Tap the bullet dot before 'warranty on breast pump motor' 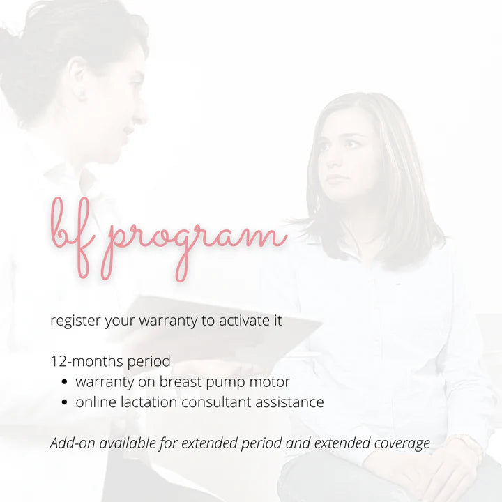tap(64, 383)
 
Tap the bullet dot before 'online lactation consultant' tap(64, 403)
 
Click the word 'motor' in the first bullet tap(271, 382)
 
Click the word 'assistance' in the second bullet tap(291, 402)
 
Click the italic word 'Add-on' tap(73, 443)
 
